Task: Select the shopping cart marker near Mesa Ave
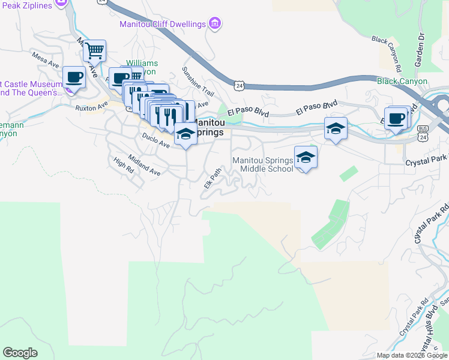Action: (94, 51)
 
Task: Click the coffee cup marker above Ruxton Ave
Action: (74, 77)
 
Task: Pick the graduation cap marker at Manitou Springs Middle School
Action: (306, 158)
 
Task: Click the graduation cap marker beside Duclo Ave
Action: (185, 134)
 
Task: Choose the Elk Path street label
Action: (212, 177)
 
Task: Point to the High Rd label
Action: (123, 165)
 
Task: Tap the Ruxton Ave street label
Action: (91, 106)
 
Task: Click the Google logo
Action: (20, 353)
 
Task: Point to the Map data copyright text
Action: (412, 355)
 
